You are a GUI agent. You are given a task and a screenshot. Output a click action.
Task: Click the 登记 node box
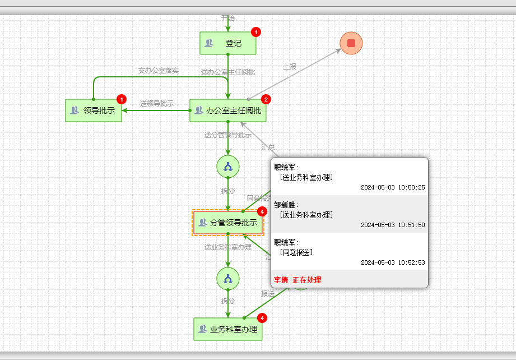(227, 43)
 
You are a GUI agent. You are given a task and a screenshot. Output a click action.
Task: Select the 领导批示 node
(94, 110)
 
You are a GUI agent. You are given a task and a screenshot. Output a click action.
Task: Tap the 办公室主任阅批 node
(227, 110)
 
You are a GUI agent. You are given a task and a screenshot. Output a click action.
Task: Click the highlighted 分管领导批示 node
(227, 223)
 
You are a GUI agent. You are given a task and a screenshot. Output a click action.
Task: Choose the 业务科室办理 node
(227, 329)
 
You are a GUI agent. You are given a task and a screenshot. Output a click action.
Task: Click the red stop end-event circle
(351, 43)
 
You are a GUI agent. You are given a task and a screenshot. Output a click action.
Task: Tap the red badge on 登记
(256, 32)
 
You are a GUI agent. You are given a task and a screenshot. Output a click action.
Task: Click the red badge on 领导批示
(122, 99)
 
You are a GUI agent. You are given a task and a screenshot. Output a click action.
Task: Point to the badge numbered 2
(266, 99)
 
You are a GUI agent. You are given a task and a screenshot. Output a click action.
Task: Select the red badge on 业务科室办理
(262, 318)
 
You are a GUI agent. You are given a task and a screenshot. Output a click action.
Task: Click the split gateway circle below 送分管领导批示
(228, 167)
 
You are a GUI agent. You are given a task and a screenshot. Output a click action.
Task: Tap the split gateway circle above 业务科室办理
(228, 279)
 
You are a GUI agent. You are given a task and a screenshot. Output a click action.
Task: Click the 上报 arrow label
(290, 66)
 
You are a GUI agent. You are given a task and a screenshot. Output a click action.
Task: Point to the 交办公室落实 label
(159, 71)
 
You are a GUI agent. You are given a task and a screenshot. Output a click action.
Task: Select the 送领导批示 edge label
(157, 103)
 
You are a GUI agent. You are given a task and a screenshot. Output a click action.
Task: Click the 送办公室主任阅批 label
(228, 72)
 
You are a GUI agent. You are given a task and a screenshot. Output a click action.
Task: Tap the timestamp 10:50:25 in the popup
(393, 187)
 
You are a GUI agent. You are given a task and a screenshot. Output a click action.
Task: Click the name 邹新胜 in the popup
(286, 204)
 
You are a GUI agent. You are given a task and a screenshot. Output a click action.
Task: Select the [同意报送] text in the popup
(296, 252)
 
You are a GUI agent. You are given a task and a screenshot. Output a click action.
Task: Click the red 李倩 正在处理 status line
(297, 280)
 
